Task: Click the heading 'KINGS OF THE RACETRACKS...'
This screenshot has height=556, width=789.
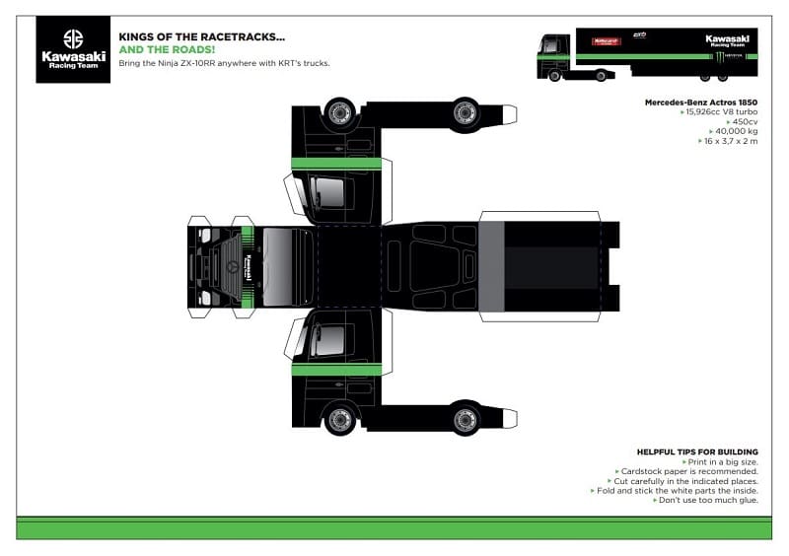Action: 202,37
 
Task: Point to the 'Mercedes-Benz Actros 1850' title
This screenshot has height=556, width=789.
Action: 701,103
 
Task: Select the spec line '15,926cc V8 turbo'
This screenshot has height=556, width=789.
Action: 719,112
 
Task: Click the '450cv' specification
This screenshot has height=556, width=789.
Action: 742,122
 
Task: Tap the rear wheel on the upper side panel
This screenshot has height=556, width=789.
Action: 466,112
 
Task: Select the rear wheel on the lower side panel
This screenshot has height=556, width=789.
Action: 466,420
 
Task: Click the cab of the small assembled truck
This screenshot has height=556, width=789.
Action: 555,53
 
